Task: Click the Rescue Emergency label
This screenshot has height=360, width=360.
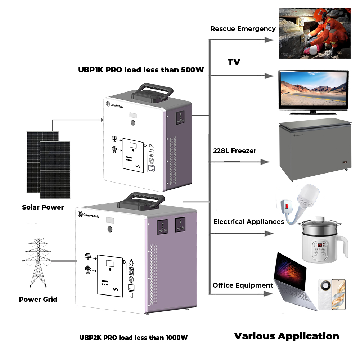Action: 243,29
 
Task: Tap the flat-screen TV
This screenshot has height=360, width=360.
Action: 314,92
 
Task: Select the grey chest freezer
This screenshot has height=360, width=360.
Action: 315,149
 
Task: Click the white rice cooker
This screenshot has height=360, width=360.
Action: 323,240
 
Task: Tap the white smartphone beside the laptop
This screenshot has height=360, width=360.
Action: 332,294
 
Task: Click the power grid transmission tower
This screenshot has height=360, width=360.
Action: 37,262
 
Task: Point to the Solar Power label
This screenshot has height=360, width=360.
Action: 43,207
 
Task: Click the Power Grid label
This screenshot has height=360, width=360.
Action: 38,299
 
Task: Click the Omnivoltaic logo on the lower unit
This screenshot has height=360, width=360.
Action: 89,215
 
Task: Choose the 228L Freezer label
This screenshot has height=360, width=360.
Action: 235,150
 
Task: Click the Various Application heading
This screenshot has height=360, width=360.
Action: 287,336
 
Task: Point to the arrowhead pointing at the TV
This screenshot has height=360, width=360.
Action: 269,76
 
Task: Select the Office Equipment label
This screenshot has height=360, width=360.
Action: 243,285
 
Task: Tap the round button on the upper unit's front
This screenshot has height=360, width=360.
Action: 133,123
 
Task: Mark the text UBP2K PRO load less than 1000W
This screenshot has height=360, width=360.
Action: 134,338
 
